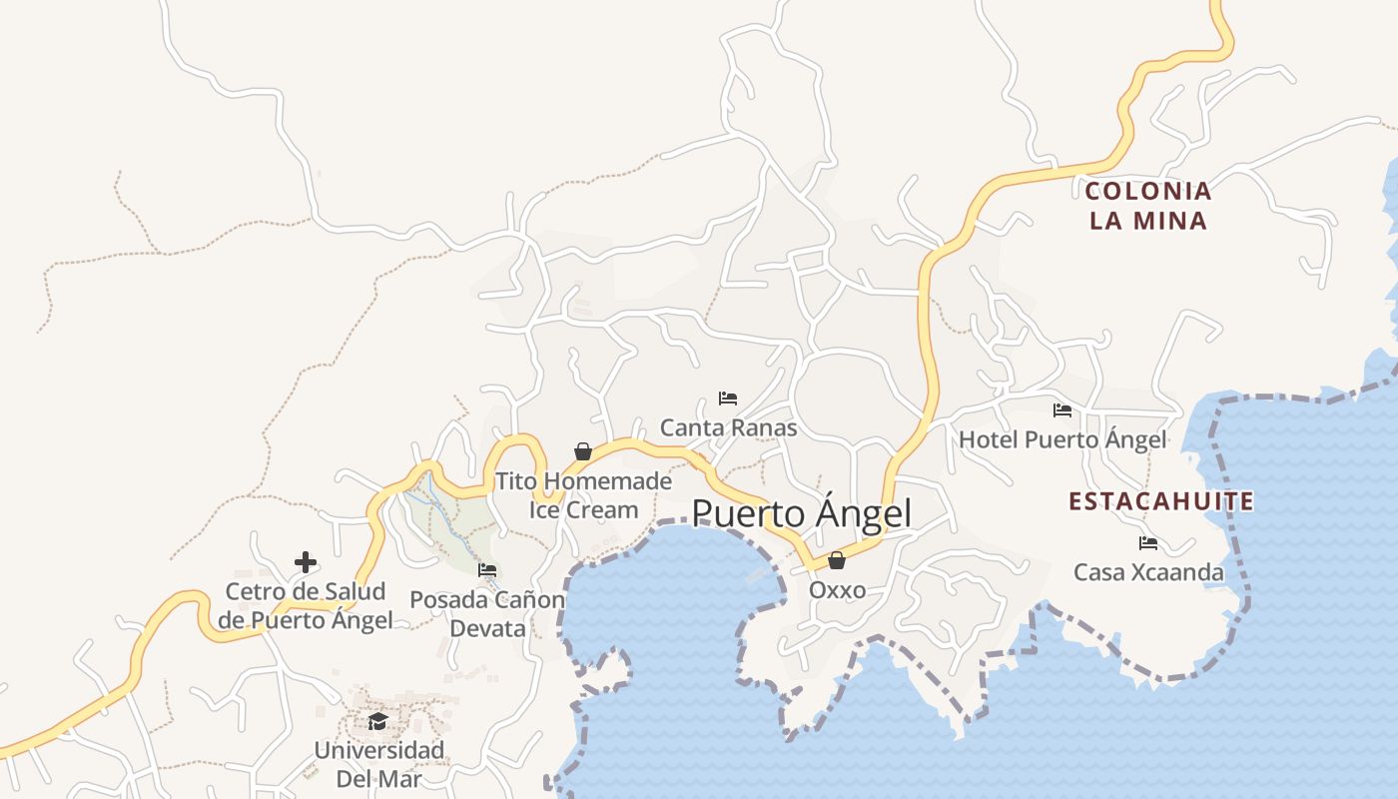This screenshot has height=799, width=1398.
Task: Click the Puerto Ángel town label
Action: point(801,513)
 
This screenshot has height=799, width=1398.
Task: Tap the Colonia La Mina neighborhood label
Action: point(1147,206)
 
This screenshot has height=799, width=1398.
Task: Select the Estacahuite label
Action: point(1160,501)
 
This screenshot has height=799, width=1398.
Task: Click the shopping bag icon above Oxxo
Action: point(837,560)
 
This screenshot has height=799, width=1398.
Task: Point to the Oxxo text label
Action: point(837,590)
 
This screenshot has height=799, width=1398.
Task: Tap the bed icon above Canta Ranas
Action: point(728,399)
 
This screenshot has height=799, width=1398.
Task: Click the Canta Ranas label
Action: point(728,428)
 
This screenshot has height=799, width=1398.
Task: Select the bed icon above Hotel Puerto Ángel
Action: point(1062,410)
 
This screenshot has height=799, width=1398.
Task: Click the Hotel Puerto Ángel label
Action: point(1062,439)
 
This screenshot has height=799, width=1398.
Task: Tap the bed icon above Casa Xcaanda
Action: point(1148,543)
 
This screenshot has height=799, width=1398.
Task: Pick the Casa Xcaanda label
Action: point(1148,572)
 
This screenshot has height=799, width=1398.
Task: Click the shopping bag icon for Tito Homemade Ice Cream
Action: point(583,452)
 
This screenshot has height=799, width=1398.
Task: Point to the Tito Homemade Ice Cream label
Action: point(583,495)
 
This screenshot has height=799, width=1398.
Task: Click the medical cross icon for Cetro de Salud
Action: point(306,563)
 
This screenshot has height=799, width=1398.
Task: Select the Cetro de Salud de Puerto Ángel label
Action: point(306,606)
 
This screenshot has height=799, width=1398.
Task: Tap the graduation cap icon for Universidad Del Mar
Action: point(377,721)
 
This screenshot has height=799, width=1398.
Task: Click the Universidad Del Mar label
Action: point(378,764)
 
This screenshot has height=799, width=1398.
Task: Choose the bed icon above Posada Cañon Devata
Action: point(487,570)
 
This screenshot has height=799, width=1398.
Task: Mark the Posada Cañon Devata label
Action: point(487,614)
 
